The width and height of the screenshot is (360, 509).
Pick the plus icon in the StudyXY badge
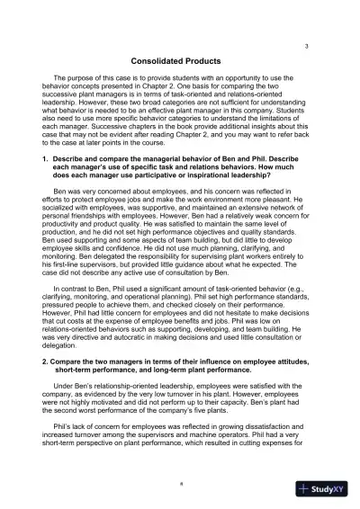308,488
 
